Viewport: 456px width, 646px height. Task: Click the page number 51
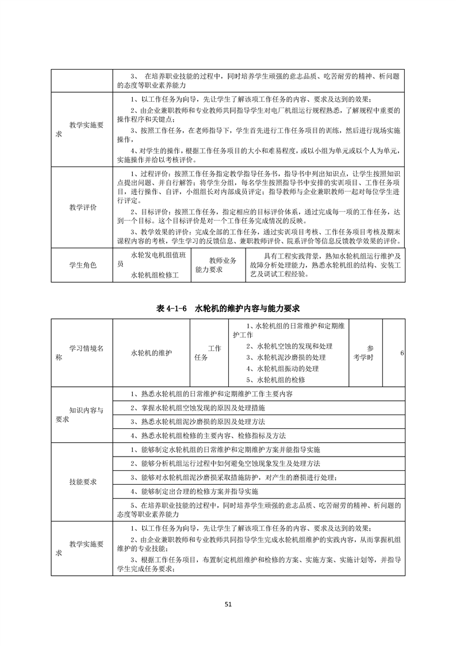tap(228, 604)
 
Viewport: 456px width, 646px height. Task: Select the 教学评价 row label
tap(83, 207)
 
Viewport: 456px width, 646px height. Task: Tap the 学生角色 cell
tap(83, 265)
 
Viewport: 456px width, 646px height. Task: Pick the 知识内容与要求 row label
tap(83, 415)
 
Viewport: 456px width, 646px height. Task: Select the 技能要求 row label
tap(83, 481)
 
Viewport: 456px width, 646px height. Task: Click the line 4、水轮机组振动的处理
tap(282, 368)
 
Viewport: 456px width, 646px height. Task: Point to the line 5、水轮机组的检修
tap(275, 380)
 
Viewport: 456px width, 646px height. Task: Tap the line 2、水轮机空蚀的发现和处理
tap(289, 346)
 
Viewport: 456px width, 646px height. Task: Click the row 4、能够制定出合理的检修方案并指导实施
tap(195, 492)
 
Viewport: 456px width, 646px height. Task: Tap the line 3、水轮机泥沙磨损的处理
tap(285, 358)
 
